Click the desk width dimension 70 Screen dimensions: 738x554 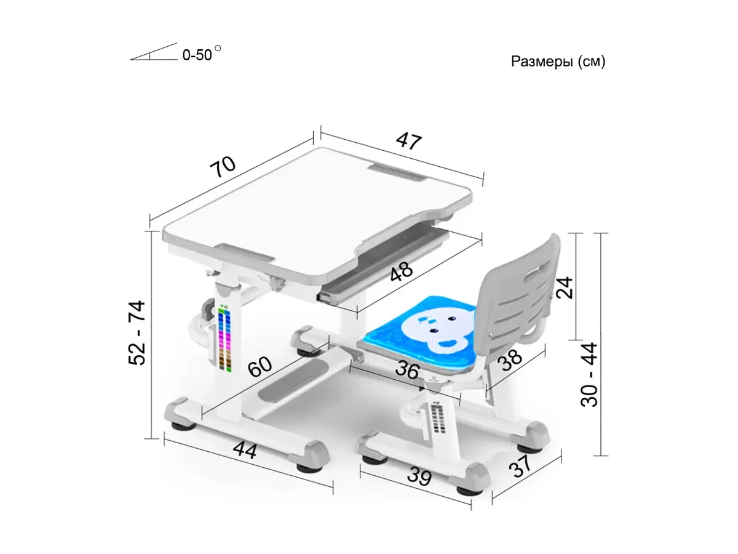(x=222, y=166)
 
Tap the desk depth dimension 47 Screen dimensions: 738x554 (x=408, y=140)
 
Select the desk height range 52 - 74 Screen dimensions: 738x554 (x=137, y=332)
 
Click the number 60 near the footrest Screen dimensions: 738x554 (x=260, y=366)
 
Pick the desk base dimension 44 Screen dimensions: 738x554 (x=244, y=450)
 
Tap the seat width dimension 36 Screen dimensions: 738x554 (x=407, y=370)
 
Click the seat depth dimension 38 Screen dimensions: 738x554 (x=510, y=359)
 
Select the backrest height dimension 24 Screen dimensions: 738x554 (x=564, y=287)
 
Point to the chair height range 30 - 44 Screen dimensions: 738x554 (x=589, y=375)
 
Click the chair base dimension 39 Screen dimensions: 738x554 (x=419, y=476)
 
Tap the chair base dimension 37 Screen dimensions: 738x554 (x=521, y=466)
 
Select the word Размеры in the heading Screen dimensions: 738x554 (x=542, y=62)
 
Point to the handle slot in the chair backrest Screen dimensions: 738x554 (x=534, y=271)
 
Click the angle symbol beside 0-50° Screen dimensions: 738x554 (x=154, y=53)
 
